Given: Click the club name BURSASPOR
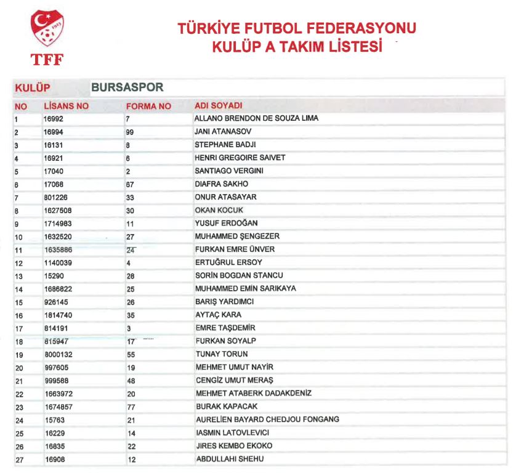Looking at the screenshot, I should click(127, 87).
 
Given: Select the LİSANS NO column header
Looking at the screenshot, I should click(66, 106).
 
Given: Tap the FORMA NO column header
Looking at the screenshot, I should click(148, 106).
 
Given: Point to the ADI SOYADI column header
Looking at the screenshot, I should click(219, 106).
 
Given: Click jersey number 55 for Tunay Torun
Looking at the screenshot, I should click(130, 354).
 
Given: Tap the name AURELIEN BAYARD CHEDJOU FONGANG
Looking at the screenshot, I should click(267, 419).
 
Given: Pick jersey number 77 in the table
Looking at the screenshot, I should click(130, 406).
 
